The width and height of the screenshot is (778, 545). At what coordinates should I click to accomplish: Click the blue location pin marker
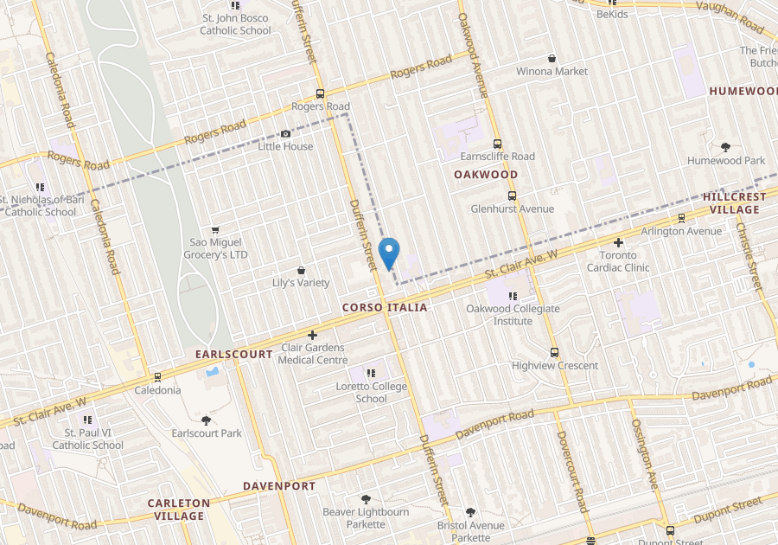389,252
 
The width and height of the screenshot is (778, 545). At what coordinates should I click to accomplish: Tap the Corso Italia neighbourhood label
385,307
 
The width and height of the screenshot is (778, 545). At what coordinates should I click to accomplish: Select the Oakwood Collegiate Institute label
513,315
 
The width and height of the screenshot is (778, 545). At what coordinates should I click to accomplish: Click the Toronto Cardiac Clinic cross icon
619,243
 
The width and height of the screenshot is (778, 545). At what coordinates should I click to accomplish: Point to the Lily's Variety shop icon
301,271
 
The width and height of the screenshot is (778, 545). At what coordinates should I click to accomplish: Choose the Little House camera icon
286,134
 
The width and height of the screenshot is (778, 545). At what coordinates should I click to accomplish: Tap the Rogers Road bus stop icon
321,94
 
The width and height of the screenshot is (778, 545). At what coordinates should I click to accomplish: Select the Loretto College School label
372,393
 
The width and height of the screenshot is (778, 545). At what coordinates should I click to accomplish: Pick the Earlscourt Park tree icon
207,420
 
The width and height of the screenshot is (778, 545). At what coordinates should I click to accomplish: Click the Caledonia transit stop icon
157,377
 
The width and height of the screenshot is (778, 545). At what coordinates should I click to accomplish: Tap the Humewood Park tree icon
726,148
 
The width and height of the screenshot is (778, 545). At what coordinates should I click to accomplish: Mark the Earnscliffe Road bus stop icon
497,144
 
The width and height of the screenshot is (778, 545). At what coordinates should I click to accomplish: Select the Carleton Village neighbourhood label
179,509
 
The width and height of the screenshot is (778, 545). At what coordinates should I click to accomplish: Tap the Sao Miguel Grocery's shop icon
215,229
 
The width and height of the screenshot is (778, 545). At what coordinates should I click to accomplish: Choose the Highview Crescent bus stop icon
555,352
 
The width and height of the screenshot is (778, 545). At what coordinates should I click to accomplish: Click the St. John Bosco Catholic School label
236,24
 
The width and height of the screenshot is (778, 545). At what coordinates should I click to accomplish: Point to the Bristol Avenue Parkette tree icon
470,512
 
